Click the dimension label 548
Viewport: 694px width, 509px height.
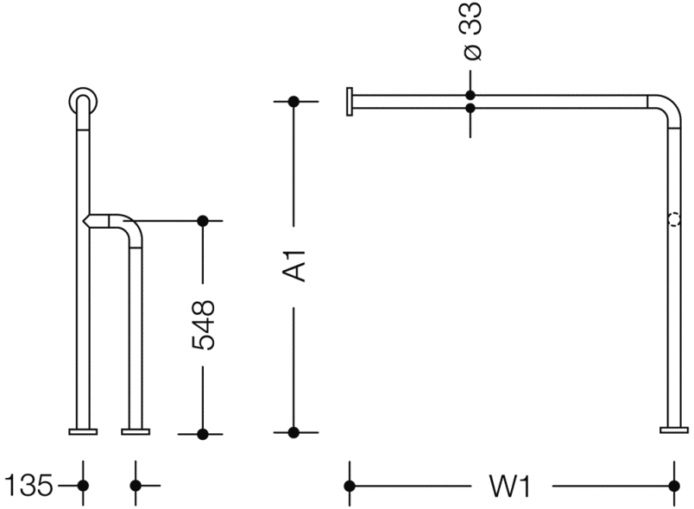203,325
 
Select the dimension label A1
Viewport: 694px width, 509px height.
295,265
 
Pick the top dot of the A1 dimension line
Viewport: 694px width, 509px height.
293,102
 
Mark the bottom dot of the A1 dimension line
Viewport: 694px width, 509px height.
293,432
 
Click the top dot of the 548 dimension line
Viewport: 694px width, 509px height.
203,221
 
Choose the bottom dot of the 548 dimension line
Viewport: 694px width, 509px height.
203,433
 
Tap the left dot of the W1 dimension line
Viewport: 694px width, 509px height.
350,487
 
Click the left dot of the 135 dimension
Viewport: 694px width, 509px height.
83,486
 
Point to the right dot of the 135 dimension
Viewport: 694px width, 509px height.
135,486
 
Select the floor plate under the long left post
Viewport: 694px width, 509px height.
84,429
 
